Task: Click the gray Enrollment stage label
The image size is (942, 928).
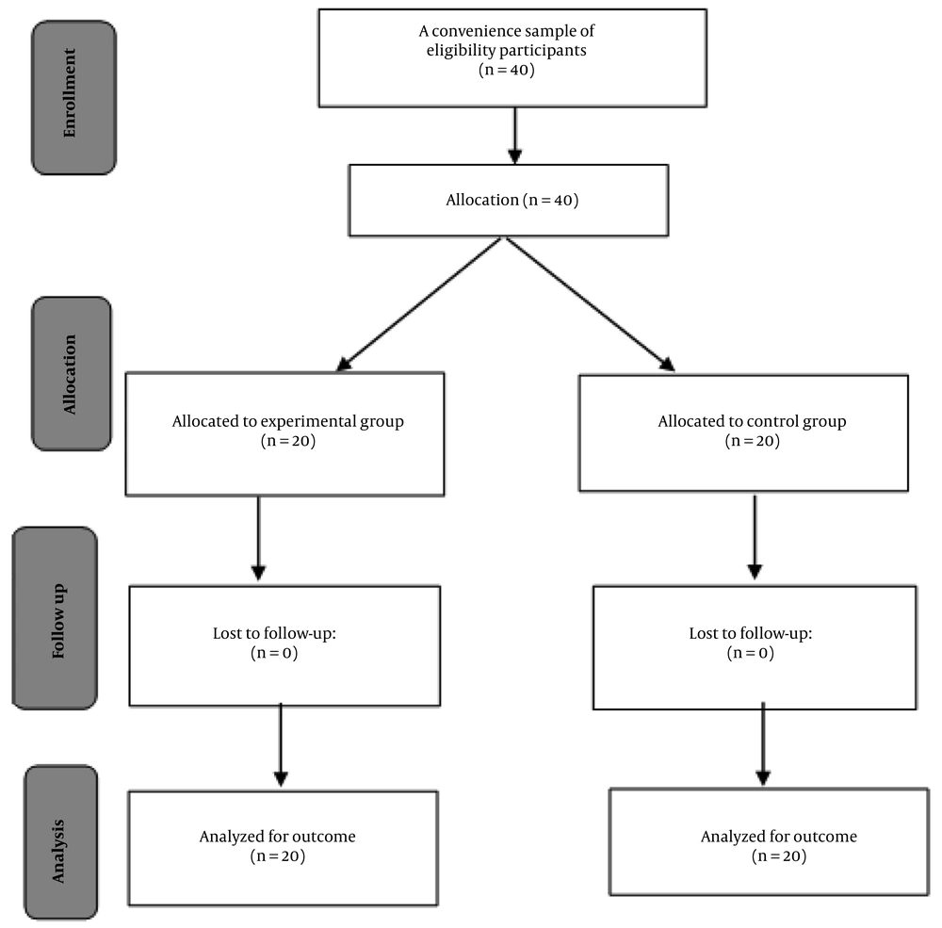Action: coord(73,98)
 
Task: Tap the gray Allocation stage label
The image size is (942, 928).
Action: coord(72,373)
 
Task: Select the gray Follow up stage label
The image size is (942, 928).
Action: coord(55,618)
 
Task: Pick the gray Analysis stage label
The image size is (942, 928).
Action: coord(60,842)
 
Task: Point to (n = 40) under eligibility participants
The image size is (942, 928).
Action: coord(507,70)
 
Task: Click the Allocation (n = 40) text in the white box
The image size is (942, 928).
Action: coord(512,200)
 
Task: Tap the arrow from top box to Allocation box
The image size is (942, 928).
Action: coord(515,136)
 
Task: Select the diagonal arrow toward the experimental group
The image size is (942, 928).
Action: coord(419,303)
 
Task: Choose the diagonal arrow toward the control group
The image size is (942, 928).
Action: coord(591,304)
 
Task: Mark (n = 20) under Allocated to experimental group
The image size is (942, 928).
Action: coord(288,441)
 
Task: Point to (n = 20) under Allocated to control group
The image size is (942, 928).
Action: coord(752,441)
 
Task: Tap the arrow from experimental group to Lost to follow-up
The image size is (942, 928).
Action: coord(258,539)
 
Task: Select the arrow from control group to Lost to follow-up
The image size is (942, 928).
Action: coord(755,537)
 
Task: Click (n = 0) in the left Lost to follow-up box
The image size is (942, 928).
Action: coord(274,653)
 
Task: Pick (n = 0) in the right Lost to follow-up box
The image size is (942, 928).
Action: coord(751,653)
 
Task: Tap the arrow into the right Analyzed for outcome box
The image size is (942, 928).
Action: coord(763,744)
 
